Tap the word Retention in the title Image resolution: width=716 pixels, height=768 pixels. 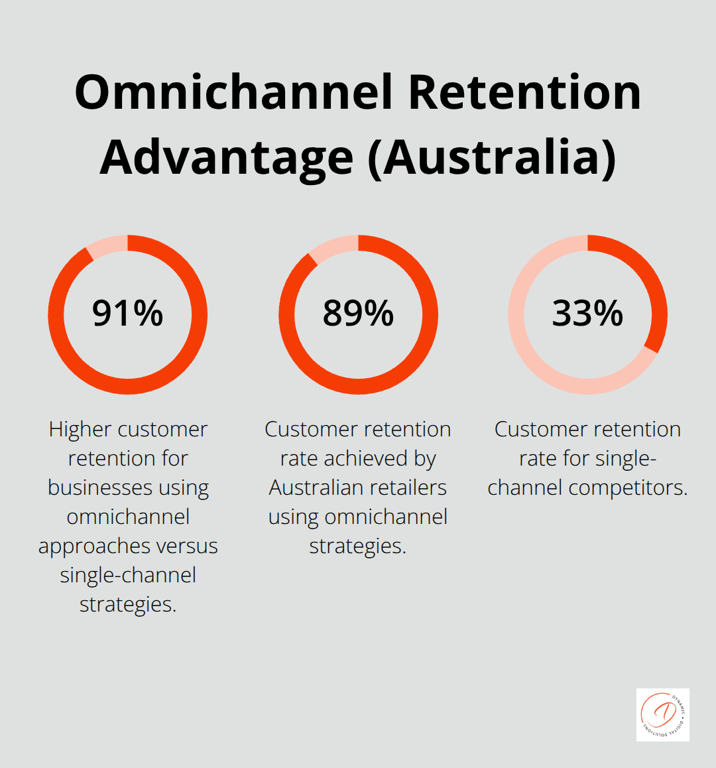[x=524, y=92]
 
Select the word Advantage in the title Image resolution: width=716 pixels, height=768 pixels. [x=227, y=157]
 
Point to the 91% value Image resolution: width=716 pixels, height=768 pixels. [x=127, y=314]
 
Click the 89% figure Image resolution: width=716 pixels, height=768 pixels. [x=358, y=314]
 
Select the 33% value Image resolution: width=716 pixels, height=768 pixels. [x=588, y=314]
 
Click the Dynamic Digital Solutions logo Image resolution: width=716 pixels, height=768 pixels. [x=662, y=714]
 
